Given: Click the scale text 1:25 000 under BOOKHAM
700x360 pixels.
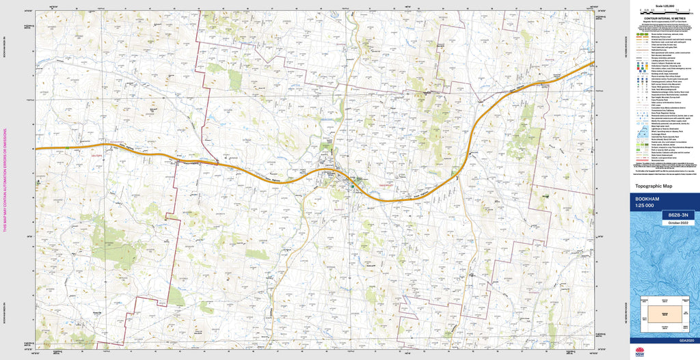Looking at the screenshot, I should click(648, 207).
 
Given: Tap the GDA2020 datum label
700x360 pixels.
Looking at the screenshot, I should click(686, 340).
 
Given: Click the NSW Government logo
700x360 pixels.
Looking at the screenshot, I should click(640, 352).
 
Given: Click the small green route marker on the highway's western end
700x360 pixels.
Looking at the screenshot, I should click(68, 147).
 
